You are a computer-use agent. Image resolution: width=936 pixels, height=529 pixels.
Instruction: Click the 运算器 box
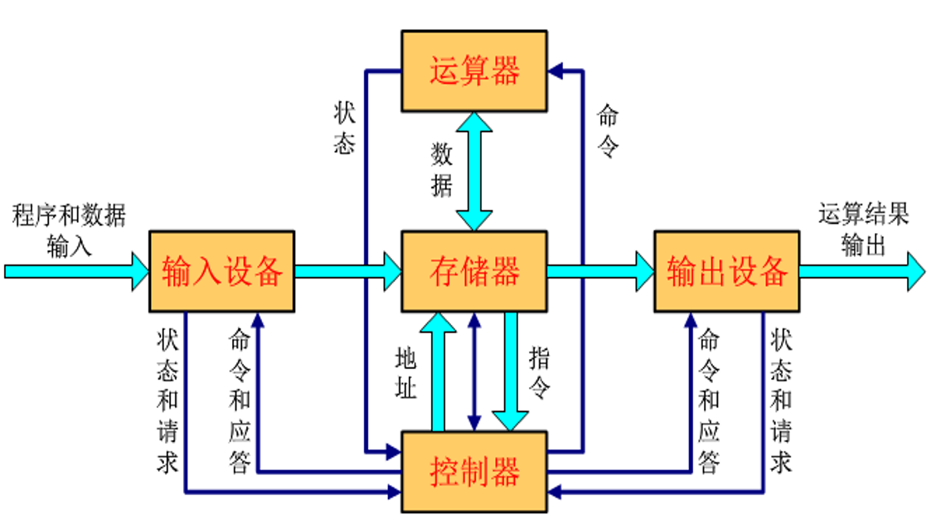coord(473,71)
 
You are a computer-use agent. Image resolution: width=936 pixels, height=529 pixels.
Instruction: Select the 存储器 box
coord(473,271)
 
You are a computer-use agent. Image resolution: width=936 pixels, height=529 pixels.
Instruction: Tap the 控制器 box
coord(473,471)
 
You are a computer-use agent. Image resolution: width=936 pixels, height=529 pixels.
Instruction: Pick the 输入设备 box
coord(221,271)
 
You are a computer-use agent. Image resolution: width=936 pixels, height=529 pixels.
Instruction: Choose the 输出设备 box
coord(726,271)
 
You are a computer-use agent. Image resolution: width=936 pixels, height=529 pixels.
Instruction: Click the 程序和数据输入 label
coord(70,230)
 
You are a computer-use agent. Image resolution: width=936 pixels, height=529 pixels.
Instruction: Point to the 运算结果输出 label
coord(863,229)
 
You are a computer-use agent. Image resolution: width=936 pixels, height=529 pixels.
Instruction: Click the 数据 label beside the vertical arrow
coord(442,170)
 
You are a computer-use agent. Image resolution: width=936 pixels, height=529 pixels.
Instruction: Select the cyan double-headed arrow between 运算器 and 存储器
coord(473,171)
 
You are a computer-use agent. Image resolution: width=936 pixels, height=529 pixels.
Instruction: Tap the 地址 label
coord(405,372)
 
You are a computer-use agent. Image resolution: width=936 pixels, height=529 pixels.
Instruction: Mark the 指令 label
coord(540,372)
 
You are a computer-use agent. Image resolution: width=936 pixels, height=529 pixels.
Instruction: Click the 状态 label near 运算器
coord(345,129)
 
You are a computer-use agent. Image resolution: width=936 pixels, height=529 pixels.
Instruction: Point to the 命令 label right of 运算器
coord(608,131)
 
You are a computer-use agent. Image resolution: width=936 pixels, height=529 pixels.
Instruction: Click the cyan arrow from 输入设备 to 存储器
coord(347,271)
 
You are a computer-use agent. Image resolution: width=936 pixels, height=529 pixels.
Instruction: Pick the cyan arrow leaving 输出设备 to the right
coord(862,271)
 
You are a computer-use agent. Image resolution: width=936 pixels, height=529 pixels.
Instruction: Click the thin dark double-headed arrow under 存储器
coord(473,371)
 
